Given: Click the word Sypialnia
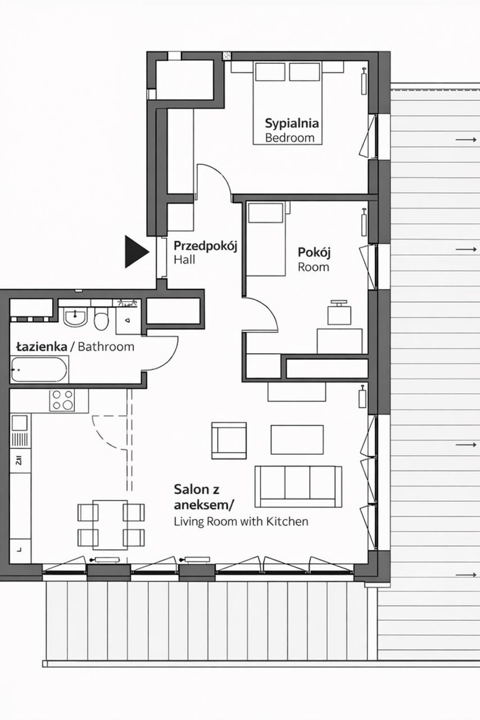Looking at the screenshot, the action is point(292,123).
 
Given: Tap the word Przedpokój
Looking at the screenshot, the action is point(205,246).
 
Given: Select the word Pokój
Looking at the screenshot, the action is point(314,253).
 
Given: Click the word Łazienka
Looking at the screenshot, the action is point(42,347).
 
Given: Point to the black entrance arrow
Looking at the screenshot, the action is point(137,251).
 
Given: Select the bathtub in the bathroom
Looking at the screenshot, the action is point(39,369).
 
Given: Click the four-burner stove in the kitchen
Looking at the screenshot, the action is point(62,400).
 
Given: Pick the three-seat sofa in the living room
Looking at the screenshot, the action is point(298,487).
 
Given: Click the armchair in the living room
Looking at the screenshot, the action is point(229,440).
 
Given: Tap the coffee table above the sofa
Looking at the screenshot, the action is point(297,439).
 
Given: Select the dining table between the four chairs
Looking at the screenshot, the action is point(110,525).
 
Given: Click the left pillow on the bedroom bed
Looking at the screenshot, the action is point(270,71).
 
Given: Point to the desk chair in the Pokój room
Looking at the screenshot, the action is point(339,313).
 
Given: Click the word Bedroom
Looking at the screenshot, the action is point(290,138).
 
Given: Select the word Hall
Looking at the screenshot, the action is point(184,260).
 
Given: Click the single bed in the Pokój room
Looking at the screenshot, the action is point(266,239).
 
